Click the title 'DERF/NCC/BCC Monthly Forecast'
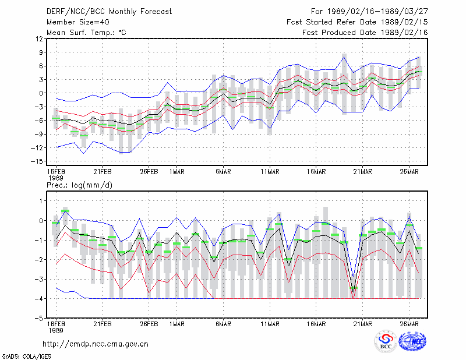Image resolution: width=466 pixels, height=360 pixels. click(109, 12)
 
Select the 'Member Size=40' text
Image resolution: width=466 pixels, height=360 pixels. click(78, 22)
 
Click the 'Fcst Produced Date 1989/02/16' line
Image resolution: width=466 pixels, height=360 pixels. click(365, 33)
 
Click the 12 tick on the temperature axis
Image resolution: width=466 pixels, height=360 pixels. click(39, 38)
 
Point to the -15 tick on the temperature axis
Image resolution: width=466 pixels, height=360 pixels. click(37, 161)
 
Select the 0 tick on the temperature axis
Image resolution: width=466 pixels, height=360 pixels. click(41, 93)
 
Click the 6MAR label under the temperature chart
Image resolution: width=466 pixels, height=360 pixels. click(223, 172)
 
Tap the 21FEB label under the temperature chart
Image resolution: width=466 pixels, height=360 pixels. click(103, 172)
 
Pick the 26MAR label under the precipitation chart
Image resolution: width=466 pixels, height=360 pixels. click(409, 324)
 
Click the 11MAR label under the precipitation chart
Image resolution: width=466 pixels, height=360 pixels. click(270, 324)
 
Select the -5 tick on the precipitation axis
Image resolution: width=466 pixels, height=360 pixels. click(39, 318)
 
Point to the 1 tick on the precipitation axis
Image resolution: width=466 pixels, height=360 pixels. click(41, 201)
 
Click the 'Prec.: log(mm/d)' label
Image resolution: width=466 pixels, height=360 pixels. click(80, 185)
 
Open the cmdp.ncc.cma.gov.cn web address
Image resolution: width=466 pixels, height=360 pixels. click(96, 344)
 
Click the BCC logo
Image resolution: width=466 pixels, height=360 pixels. click(386, 341)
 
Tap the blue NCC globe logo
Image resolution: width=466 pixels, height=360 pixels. click(412, 341)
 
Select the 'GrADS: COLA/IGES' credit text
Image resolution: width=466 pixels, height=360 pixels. click(26, 357)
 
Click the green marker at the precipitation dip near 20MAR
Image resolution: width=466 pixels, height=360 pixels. click(354, 288)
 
